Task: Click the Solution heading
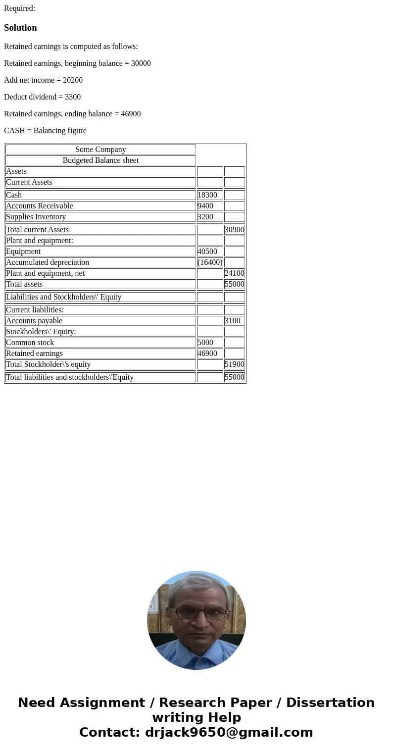coord(20,28)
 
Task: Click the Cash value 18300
coord(207,195)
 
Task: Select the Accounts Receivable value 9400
coord(205,206)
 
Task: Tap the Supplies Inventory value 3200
coord(205,217)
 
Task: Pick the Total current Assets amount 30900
coord(234,230)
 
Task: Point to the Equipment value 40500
coord(207,251)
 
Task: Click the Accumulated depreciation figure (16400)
coord(210,262)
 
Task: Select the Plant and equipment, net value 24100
coord(234,273)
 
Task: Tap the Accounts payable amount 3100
coord(232,321)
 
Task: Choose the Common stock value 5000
coord(205,343)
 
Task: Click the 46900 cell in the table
coord(207,353)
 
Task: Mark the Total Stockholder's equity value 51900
coord(234,364)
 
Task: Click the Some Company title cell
coord(100,150)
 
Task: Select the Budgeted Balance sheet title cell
coord(100,160)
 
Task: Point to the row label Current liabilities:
coord(35,310)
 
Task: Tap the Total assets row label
coord(24,284)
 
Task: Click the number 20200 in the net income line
coord(73,80)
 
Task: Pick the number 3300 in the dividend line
coord(73,97)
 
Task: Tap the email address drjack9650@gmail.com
coord(229,733)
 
